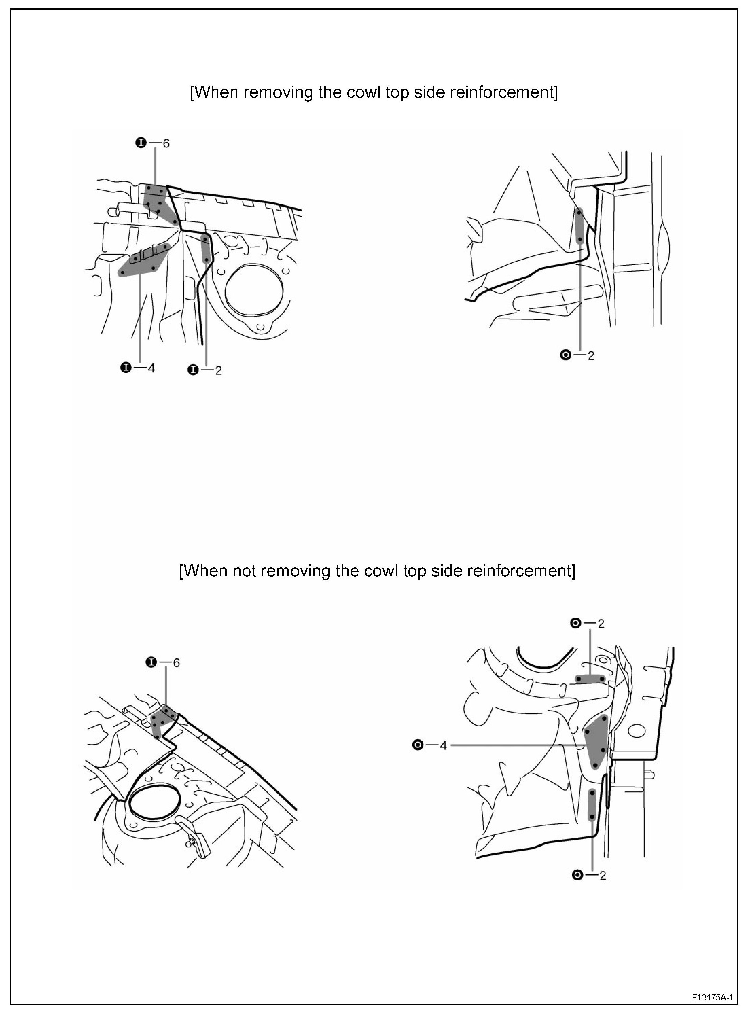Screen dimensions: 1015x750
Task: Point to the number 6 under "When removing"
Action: point(166,143)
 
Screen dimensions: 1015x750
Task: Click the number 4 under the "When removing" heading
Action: point(151,368)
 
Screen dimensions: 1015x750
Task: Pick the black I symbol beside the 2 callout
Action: point(193,370)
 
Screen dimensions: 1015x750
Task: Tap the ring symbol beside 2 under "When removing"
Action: point(566,355)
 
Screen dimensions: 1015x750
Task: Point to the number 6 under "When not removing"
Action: point(176,663)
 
